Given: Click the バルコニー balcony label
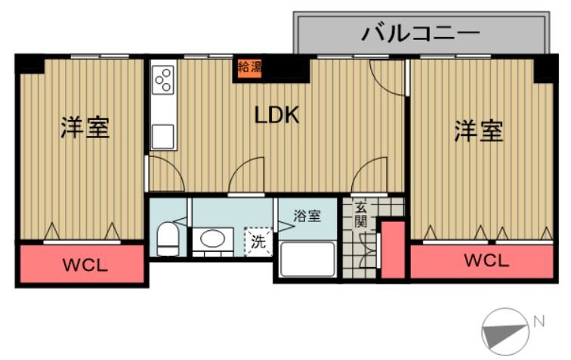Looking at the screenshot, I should pos(421,33).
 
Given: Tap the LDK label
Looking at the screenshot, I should pos(277,115).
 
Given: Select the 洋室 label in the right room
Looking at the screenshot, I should pos(478,131).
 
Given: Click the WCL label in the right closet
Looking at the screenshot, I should pos(486,261).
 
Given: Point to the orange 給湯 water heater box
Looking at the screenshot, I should pos(250,66).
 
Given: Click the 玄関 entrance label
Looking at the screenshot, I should pos(362,216).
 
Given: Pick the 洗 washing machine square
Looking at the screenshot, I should pos(258,243).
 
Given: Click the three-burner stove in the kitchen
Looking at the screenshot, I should pos(162,77).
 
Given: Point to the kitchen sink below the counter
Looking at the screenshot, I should pos(163,137).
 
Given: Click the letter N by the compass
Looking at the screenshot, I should pos(539,320).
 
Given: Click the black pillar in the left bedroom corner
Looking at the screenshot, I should pos(30,64).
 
